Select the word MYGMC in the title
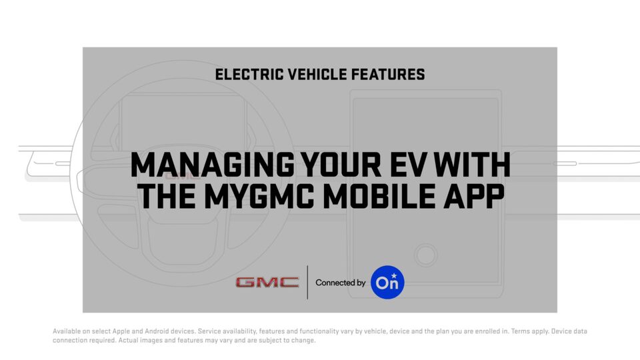(259, 196)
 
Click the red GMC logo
(267, 283)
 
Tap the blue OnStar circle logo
(387, 282)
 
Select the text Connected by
(341, 283)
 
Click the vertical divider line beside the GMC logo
(307, 282)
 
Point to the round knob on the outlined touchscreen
(426, 255)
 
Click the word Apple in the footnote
(121, 331)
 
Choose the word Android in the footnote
(157, 331)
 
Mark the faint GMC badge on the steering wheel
(183, 176)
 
